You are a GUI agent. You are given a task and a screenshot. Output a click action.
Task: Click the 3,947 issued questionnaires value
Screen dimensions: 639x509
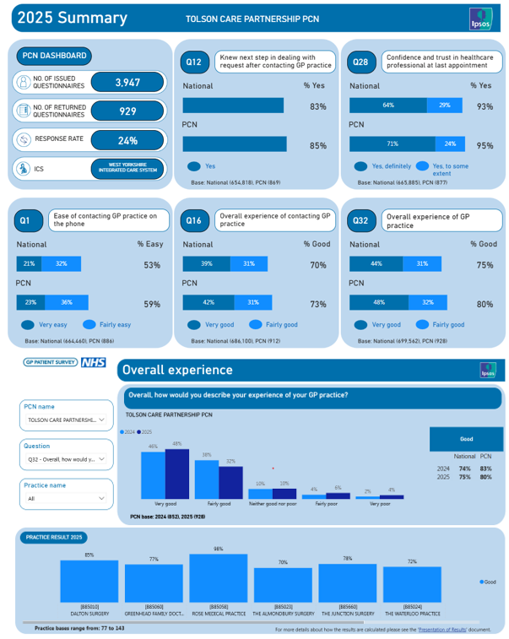point(127,82)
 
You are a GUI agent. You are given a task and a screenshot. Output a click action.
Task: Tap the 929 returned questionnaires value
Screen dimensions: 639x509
point(127,111)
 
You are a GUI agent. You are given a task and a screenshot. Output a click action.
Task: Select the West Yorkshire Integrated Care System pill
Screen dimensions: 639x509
point(127,169)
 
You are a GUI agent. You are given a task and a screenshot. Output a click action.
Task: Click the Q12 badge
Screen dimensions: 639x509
point(194,62)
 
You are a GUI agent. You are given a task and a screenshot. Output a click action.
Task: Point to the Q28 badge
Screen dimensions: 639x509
point(360,62)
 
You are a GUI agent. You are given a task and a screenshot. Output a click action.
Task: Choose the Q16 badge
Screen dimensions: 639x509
point(194,221)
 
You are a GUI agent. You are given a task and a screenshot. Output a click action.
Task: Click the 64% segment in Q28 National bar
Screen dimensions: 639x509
point(387,106)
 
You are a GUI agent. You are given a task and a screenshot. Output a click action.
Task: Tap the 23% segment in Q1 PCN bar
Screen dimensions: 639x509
point(30,302)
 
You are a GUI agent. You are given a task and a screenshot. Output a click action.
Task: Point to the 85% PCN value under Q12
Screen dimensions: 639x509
point(317,146)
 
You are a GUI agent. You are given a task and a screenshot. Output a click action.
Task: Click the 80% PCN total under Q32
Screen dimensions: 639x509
point(485,305)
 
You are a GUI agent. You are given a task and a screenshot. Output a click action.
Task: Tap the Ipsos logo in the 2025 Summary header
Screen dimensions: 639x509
point(480,19)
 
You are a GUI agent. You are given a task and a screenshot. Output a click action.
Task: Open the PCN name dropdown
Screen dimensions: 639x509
point(66,419)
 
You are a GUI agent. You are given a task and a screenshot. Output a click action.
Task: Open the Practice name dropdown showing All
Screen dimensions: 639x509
point(66,498)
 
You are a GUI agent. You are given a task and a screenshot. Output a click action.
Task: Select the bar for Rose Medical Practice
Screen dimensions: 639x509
point(218,577)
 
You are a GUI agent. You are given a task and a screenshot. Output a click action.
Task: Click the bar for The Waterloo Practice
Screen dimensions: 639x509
point(413,583)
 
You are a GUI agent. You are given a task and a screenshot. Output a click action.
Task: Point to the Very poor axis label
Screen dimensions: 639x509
point(380,503)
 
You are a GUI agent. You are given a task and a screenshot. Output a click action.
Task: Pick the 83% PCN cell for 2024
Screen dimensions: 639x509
point(485,468)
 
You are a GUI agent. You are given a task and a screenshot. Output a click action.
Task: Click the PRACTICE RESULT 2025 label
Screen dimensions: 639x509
point(53,537)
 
